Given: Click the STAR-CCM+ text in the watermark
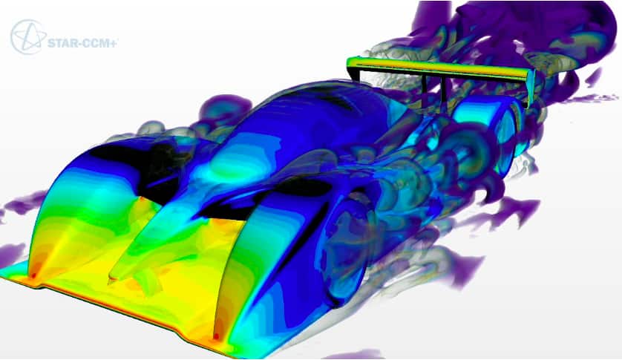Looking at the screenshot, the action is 82,43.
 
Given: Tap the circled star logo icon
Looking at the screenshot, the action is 27,37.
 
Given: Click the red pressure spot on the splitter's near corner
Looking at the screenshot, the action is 216,336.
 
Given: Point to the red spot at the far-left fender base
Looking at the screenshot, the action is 34,275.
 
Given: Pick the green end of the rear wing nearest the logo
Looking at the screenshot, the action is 353,62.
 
